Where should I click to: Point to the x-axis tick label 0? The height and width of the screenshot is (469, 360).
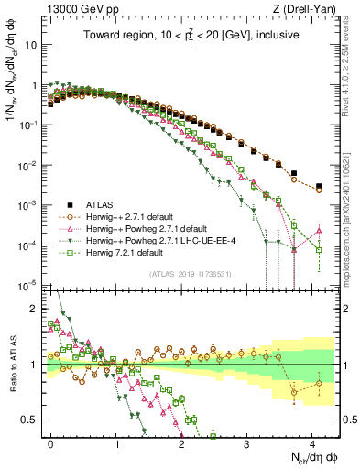click(51, 442)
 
